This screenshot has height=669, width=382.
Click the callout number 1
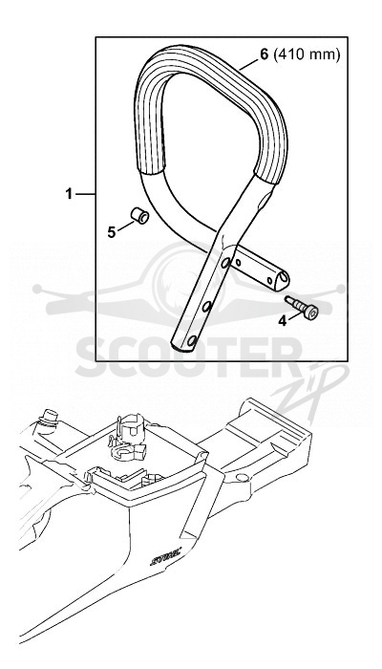69,194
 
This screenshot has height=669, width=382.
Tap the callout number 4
283,321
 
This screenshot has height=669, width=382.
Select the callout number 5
112,232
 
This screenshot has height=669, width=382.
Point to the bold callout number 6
265,55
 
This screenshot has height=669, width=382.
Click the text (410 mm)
307,55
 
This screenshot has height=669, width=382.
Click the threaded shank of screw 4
294,303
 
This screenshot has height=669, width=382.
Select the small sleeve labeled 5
139,215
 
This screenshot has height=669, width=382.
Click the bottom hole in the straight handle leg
192,341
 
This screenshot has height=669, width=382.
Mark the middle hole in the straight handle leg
207,306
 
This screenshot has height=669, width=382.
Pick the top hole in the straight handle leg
226,263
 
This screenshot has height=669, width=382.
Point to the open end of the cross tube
283,280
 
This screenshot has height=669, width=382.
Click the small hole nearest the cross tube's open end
269,280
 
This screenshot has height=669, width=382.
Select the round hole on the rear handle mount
242,477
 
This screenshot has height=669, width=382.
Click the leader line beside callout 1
85,195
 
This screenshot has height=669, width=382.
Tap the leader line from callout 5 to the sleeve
126,226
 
